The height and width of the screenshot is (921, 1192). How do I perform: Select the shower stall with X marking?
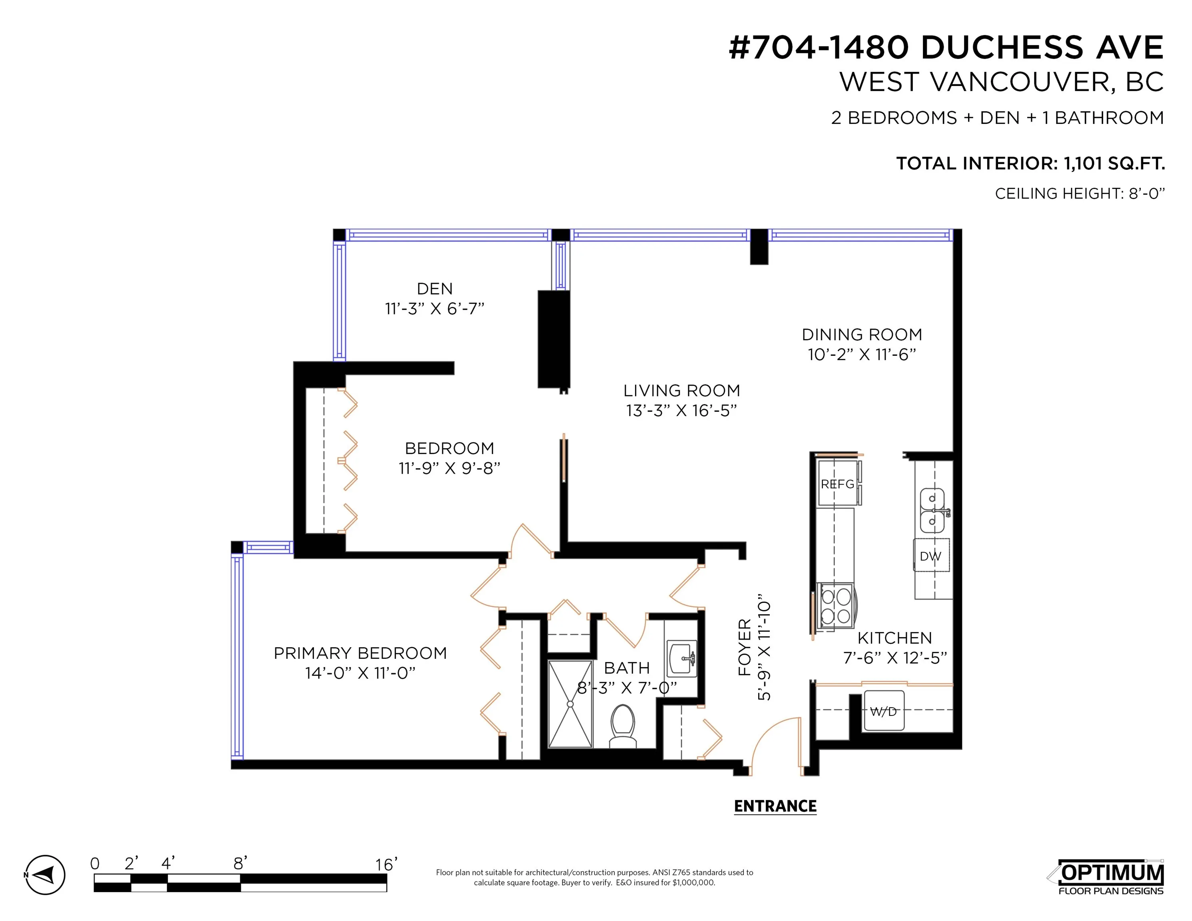[570, 704]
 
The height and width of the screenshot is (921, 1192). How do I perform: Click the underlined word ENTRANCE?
[775, 806]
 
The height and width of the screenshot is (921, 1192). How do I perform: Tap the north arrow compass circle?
[46, 875]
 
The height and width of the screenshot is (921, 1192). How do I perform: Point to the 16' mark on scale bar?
[386, 864]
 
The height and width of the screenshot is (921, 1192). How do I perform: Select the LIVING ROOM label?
[682, 391]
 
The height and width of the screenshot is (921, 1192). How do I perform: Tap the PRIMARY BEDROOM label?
[360, 653]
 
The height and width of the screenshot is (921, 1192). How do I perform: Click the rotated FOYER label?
[745, 647]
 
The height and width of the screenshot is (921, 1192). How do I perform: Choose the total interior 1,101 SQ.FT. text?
[1030, 163]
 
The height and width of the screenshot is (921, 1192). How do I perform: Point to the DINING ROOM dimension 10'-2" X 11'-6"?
[862, 355]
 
